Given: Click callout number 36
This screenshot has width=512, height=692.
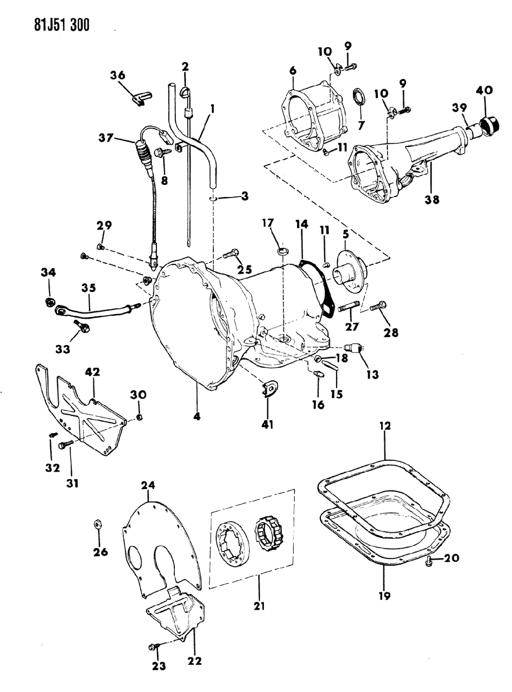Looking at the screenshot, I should click(x=117, y=76).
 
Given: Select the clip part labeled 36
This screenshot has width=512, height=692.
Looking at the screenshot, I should click(x=142, y=98).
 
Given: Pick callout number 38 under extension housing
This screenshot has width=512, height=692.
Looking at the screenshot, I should click(x=432, y=199).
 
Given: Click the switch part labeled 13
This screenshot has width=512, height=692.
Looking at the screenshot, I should click(x=356, y=348).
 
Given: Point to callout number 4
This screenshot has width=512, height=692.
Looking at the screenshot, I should click(x=197, y=416).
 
